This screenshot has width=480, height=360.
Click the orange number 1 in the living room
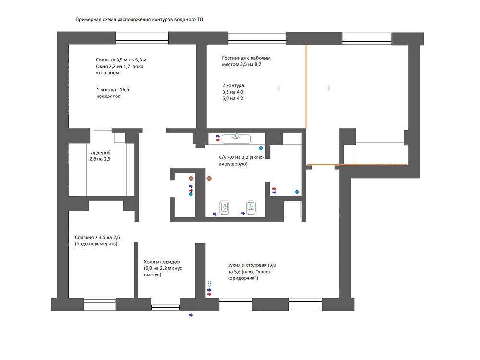[x=278, y=88]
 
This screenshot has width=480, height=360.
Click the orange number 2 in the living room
[x=328, y=88]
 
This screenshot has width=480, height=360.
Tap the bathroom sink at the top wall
[x=236, y=139]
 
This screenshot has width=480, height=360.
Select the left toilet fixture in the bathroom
[x=224, y=207]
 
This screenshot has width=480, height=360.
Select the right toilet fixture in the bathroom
[x=251, y=207]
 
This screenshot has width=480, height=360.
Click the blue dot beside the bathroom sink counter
[x=261, y=148]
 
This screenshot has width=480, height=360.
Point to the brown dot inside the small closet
[x=191, y=178]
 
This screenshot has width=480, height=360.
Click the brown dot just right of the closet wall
[x=209, y=179]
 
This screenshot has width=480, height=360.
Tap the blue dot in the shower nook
[x=297, y=192]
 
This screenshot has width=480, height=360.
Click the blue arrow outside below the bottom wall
[x=191, y=315]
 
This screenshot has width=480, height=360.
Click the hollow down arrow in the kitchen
[x=209, y=284]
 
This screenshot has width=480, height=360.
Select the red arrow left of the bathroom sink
[x=218, y=140]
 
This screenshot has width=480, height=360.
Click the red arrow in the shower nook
[x=274, y=189]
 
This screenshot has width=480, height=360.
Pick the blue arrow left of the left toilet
[x=215, y=214]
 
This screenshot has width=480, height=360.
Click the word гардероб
[x=100, y=153]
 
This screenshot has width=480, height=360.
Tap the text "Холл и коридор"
[x=162, y=262]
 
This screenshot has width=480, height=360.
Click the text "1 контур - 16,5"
[x=113, y=90]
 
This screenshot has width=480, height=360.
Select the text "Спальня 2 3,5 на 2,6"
[x=97, y=237]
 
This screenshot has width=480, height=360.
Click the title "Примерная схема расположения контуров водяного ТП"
[x=139, y=19]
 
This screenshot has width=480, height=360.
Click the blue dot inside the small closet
[x=191, y=194]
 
